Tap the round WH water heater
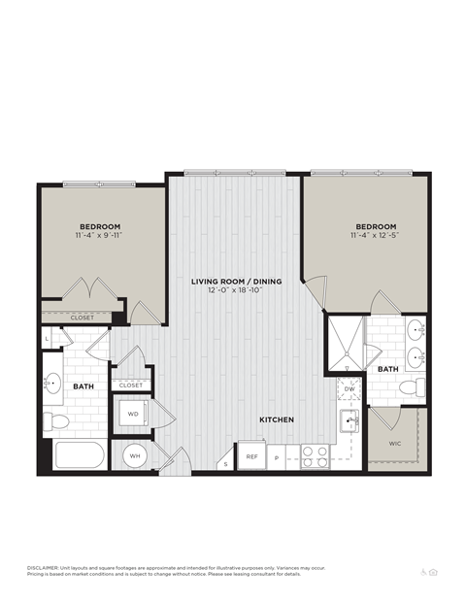point(134,455)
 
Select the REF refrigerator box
point(251,455)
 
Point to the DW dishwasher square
point(349,388)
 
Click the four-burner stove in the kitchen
point(314,455)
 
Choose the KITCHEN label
point(277,419)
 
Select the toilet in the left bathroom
point(57,420)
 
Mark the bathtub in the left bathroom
point(80,456)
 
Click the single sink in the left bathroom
point(52,383)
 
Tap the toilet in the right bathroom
point(411,387)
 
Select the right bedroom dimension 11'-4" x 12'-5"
point(374,235)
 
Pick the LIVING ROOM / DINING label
point(236,282)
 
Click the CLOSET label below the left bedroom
point(83,318)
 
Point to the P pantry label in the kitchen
point(276,456)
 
